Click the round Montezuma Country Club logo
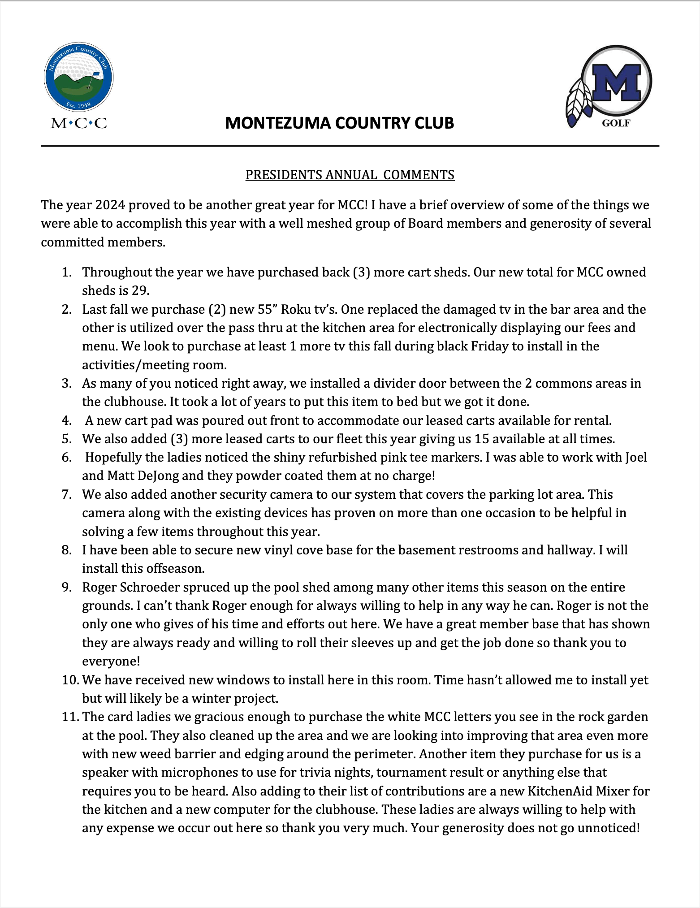click(x=79, y=77)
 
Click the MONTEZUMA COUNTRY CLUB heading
click(x=339, y=123)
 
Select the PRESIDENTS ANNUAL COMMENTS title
click(x=350, y=175)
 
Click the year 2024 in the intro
click(x=111, y=205)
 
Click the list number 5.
click(x=67, y=439)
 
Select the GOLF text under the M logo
click(x=616, y=123)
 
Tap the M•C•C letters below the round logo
click(x=79, y=123)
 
